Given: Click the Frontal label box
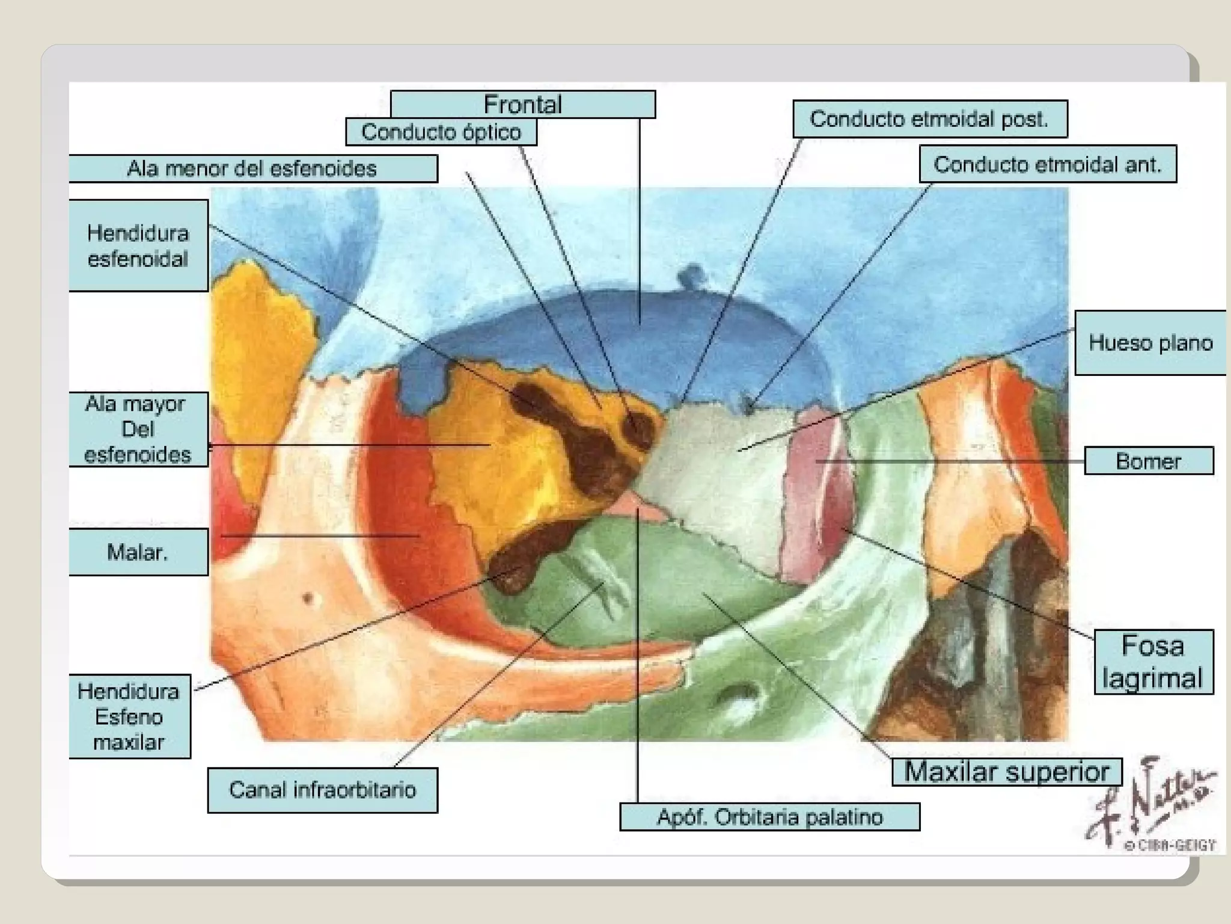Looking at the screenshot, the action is (x=522, y=104).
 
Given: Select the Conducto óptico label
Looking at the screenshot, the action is (x=441, y=132).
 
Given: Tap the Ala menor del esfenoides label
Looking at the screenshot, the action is (x=252, y=168).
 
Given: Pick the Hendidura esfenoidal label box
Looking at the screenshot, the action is (x=138, y=245).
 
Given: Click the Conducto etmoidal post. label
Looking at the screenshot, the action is (x=929, y=119).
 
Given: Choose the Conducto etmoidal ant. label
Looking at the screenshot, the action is (x=1047, y=164).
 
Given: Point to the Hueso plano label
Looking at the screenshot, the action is (x=1150, y=343).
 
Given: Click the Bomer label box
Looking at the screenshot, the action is (x=1148, y=461).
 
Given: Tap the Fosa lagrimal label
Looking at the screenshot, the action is (x=1153, y=662).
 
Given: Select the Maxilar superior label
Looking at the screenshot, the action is (x=1006, y=772).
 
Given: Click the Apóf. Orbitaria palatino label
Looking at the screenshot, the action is (x=769, y=817).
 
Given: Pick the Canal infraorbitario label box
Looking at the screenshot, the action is (x=322, y=790).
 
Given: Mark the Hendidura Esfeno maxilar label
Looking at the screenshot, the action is (x=129, y=716).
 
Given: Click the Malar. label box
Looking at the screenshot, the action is (x=138, y=552).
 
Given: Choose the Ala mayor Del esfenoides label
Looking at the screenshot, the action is (x=138, y=429).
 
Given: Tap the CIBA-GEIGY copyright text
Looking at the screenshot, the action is (x=1169, y=845).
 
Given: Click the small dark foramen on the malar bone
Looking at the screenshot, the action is (x=308, y=598).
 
